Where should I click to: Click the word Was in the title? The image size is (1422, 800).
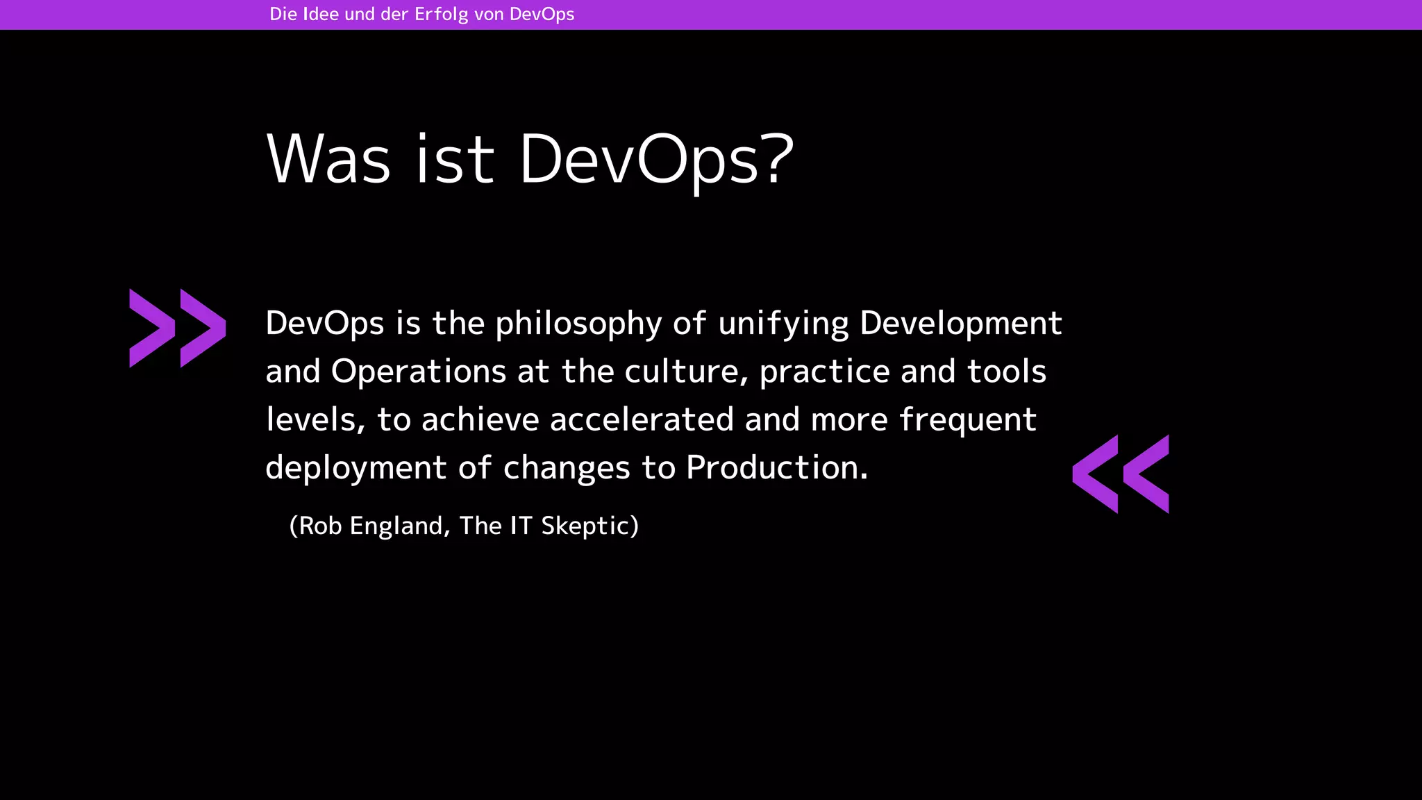[x=328, y=159]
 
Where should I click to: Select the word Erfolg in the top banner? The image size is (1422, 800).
[x=441, y=15]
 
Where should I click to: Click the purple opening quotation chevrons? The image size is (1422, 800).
[x=178, y=328]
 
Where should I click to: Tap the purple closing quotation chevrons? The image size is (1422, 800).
[x=1121, y=474]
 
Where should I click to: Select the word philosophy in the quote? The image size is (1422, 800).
[x=578, y=324]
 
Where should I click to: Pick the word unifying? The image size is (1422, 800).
[x=783, y=324]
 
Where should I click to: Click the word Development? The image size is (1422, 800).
[x=961, y=324]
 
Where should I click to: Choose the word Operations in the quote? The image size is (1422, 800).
[x=419, y=372]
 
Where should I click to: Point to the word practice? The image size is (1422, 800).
[x=824, y=372]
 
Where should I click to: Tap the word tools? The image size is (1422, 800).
[x=1007, y=372]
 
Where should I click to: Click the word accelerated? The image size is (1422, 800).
[x=642, y=419]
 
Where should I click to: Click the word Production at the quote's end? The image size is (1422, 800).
[x=776, y=467]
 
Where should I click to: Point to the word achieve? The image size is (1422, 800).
[x=480, y=419]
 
